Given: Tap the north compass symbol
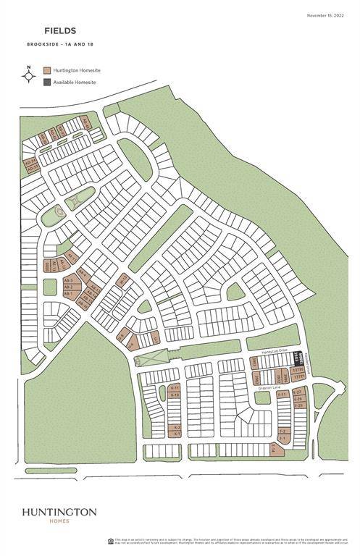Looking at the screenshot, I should pos(29,75).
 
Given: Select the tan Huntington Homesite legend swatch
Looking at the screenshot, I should pos(47,70).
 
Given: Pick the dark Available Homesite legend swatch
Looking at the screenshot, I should pos(47,82).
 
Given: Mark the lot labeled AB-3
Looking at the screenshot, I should pos(67,279).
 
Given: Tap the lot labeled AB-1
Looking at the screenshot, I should pos(67,293).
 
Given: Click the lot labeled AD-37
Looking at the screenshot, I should pos(31,167).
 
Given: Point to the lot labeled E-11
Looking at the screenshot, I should pos(283,394).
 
